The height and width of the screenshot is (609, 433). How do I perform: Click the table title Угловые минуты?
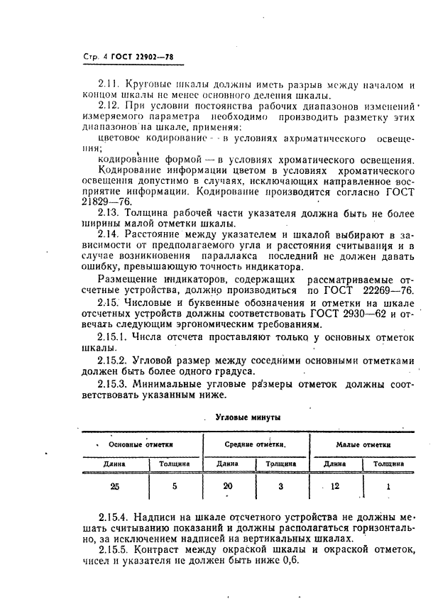[x=247, y=417]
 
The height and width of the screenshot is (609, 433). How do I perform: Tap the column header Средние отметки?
[x=256, y=444]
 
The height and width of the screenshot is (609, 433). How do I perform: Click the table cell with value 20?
[x=227, y=486]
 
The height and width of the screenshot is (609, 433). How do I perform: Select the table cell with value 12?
[x=334, y=486]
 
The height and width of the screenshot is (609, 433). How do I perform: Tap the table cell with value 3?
[x=281, y=486]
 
